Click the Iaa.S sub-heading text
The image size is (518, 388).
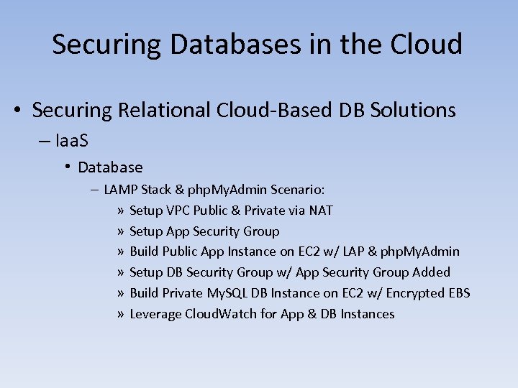click(71, 140)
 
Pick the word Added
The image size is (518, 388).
click(432, 272)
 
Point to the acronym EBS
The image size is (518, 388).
click(459, 293)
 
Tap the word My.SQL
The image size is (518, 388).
click(227, 293)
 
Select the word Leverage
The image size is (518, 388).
click(155, 314)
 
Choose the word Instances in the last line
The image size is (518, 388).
click(368, 314)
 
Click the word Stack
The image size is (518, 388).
click(157, 190)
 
